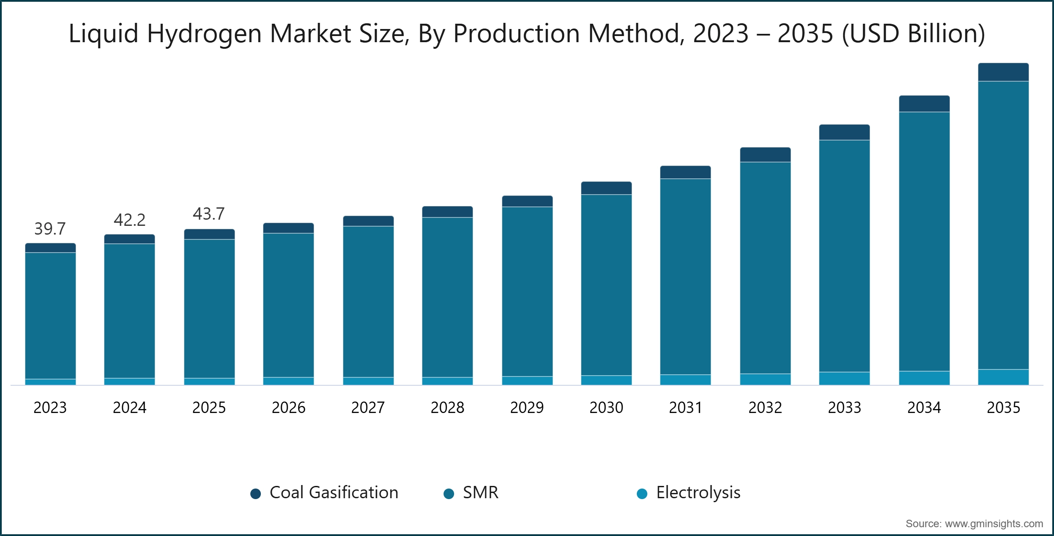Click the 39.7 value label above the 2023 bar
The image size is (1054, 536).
[x=50, y=228]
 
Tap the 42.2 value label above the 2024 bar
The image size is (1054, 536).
[x=130, y=220]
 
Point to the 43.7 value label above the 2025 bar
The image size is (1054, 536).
[x=209, y=214]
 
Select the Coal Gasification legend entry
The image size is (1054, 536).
[x=325, y=493]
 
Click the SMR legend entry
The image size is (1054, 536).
[x=472, y=493]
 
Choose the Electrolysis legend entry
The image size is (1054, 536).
[x=689, y=493]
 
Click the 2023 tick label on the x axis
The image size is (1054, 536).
[x=50, y=408]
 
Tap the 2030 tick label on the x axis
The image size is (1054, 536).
[x=606, y=408]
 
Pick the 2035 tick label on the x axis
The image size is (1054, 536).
[x=1003, y=408]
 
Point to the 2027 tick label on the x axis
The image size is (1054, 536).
[x=368, y=408]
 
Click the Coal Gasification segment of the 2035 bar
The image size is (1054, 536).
[x=1003, y=72]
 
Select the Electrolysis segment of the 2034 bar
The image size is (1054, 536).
[x=924, y=378]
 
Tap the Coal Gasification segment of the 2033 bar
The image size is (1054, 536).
[x=845, y=133]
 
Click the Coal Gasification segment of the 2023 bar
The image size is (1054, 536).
[x=51, y=248]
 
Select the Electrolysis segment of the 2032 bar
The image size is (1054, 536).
[x=765, y=380]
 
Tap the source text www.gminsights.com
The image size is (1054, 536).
[x=993, y=524]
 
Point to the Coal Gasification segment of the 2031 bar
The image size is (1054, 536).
[x=686, y=173]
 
